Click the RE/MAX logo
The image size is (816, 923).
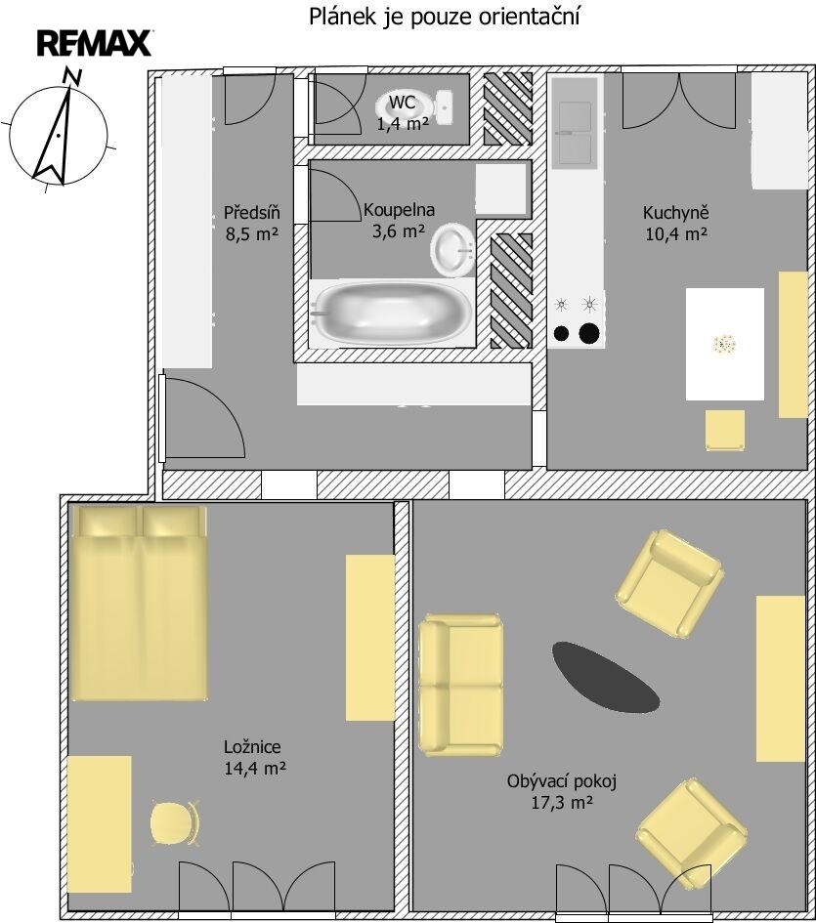[94, 44]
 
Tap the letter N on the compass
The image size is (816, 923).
[73, 76]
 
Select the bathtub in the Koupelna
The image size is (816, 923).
[391, 313]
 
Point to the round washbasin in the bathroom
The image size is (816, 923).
[452, 250]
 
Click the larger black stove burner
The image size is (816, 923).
[589, 334]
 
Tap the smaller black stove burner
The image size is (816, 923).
[562, 334]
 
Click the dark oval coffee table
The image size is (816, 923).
[605, 676]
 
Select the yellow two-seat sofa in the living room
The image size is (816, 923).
[460, 685]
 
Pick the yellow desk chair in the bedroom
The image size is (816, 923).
[174, 823]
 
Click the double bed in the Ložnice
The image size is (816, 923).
[139, 603]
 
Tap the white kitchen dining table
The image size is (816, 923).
[725, 344]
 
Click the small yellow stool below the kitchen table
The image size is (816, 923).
[725, 431]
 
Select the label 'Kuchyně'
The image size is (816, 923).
[676, 212]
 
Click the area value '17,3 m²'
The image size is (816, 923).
[562, 802]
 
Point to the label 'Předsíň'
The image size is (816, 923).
[251, 212]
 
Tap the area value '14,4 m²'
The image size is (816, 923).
[255, 768]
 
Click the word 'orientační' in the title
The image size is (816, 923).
[529, 17]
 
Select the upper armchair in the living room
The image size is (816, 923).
[669, 583]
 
